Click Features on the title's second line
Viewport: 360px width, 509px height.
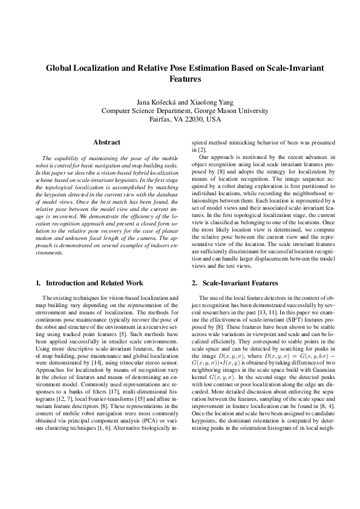(x=180, y=79)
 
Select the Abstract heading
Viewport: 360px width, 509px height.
(x=106, y=142)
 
